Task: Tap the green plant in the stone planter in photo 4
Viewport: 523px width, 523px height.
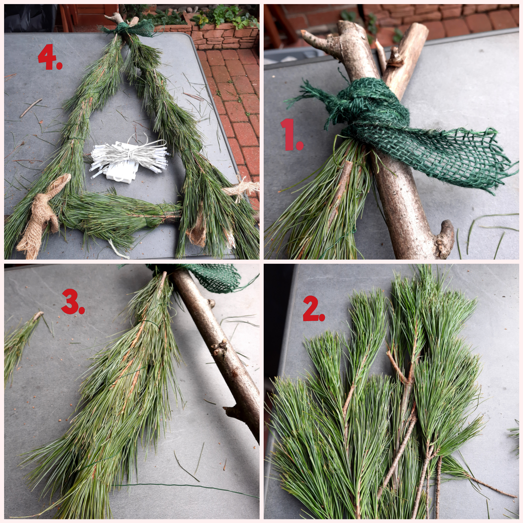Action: [226, 15]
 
